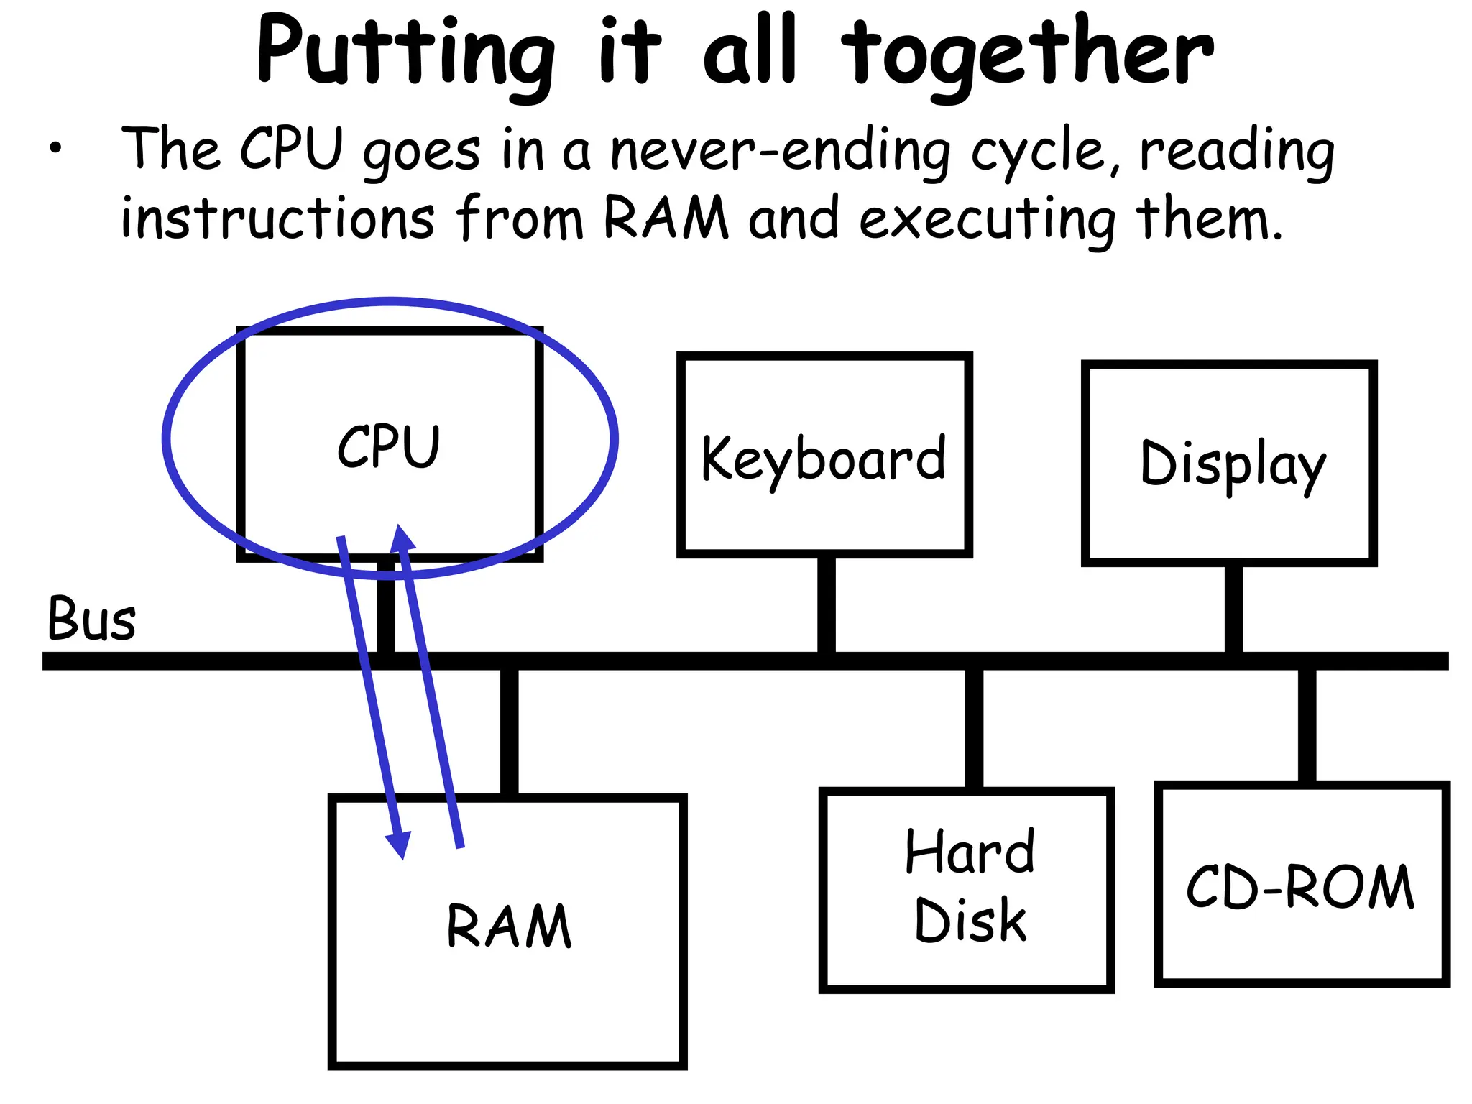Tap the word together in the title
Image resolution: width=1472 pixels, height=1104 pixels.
(1028, 54)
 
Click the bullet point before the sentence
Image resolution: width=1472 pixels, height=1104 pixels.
(55, 149)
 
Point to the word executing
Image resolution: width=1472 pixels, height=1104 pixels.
(988, 219)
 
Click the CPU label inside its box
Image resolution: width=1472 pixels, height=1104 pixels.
(389, 446)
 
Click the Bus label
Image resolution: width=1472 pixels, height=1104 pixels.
(91, 619)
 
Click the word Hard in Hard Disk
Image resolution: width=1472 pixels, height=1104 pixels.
(970, 852)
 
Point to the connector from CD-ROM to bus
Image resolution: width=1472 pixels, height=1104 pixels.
(1307, 724)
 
